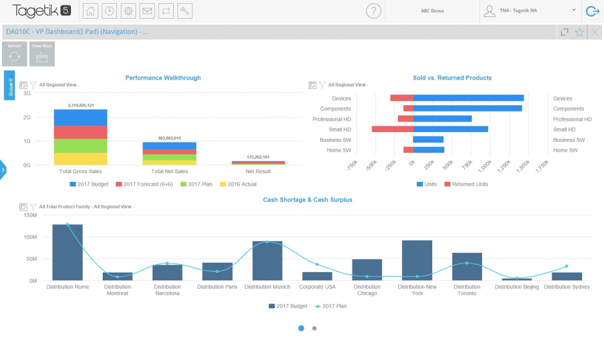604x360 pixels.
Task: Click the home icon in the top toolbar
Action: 90,11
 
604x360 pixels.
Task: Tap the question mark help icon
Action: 373,11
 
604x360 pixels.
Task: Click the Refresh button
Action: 14,54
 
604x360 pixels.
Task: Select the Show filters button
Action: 42,54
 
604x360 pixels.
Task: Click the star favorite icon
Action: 580,32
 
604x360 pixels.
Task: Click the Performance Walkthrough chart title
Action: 163,78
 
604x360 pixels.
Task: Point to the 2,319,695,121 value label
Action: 80,105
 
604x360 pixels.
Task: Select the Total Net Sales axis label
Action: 169,171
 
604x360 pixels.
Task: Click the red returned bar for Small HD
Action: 392,129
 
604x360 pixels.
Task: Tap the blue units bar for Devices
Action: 468,98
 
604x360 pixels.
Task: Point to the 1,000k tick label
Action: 482,166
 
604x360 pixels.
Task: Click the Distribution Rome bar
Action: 68,252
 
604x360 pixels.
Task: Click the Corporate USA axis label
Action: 317,287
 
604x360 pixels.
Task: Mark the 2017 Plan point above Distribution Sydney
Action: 567,266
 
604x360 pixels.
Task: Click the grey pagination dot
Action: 314,328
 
